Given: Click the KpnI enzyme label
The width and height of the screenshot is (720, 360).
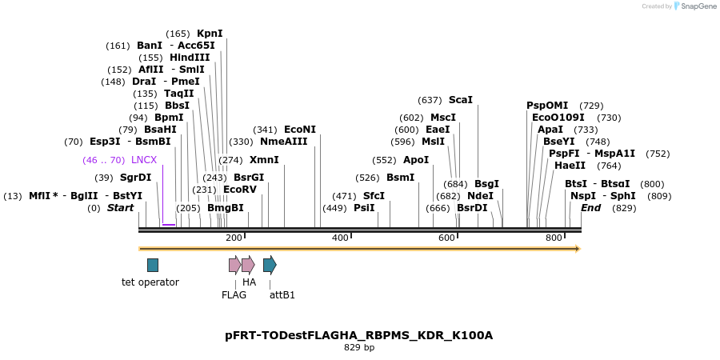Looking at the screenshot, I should click(x=210, y=34).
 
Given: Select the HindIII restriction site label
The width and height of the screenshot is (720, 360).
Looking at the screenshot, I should click(x=190, y=58).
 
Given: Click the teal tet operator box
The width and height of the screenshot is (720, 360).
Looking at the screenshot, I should click(x=153, y=265).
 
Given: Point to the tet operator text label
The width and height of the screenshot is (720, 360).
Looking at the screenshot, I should click(x=150, y=282).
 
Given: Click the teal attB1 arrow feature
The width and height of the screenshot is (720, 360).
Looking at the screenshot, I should click(x=270, y=265).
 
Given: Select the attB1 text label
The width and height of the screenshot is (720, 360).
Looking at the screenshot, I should click(x=282, y=295).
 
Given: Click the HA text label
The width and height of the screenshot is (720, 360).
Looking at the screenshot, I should click(x=249, y=282).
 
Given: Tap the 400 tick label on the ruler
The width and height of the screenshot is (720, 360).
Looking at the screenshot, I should click(x=340, y=238).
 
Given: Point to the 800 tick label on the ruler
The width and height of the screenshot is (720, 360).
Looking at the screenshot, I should click(x=554, y=238).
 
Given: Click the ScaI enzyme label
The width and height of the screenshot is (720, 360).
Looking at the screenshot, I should click(x=460, y=100).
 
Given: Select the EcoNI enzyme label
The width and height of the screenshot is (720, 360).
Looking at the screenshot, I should click(x=300, y=130).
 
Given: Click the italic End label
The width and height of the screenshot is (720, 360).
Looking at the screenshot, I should click(x=590, y=208).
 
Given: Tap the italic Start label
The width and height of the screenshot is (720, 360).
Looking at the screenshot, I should click(x=121, y=208).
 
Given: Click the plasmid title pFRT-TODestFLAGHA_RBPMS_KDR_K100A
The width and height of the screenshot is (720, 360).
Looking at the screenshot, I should click(x=359, y=335).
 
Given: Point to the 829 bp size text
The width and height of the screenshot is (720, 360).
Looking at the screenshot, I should click(x=359, y=348).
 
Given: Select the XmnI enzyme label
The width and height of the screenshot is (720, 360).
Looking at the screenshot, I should click(x=264, y=160).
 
